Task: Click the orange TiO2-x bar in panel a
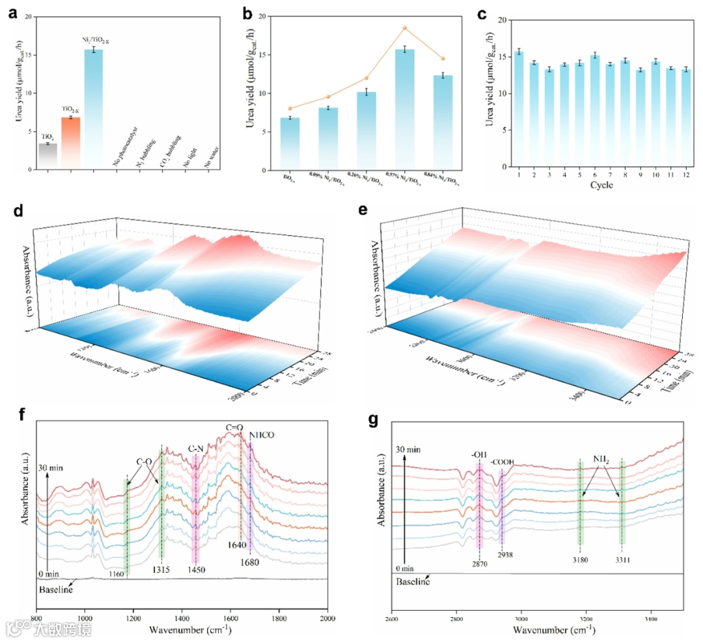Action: (x=70, y=143)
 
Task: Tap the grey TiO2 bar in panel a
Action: (x=48, y=156)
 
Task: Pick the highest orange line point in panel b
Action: (x=404, y=28)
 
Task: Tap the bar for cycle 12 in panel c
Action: (x=685, y=117)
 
